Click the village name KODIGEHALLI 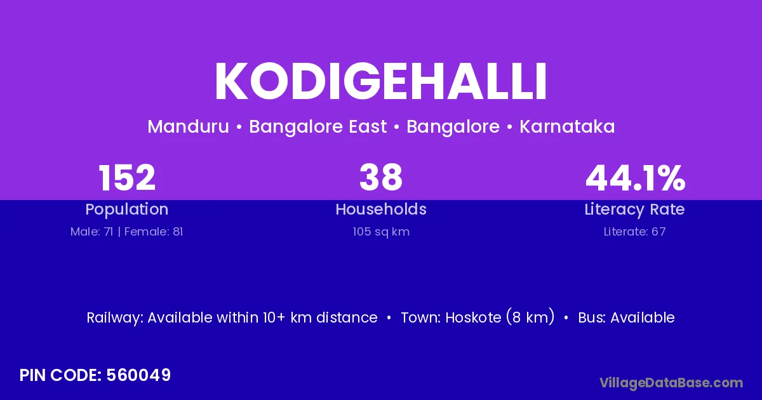(x=380, y=81)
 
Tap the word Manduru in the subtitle (x=189, y=126)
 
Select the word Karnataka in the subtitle (x=567, y=126)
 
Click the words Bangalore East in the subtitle (x=318, y=127)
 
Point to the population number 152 (x=127, y=178)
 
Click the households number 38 (x=381, y=177)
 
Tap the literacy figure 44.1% (x=635, y=178)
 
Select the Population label (x=127, y=210)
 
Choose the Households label (x=381, y=209)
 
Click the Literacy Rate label (x=635, y=210)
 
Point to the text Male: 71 (x=91, y=232)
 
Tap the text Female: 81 (x=154, y=232)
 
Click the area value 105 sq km (x=381, y=232)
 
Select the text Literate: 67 (x=635, y=232)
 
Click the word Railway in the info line (x=115, y=318)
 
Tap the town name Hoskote (x=472, y=317)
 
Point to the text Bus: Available (x=626, y=317)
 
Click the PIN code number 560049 (x=138, y=375)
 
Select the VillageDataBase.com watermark (x=671, y=383)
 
